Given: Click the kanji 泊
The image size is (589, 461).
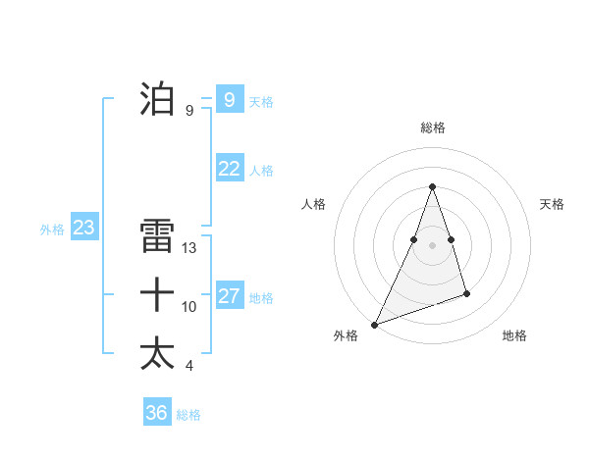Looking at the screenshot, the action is [157, 99].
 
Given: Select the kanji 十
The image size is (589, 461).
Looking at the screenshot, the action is [157, 294].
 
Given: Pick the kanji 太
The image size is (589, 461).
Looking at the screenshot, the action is [157, 353].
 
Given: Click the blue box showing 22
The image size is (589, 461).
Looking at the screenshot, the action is [230, 169].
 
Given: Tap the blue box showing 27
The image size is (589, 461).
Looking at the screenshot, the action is [230, 296].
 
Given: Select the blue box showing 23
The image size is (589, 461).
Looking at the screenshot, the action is [84, 229].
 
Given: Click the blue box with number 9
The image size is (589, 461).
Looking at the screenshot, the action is [230, 99].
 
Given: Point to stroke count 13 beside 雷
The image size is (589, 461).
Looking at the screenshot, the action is [190, 249].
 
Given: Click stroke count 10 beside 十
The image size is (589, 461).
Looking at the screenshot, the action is [189, 307].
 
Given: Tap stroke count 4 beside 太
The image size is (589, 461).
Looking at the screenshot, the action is [189, 366].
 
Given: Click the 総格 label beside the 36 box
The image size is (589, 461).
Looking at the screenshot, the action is [188, 415].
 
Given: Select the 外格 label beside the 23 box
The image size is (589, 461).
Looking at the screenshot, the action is [52, 230].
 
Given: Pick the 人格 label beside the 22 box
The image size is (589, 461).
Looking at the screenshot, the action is [261, 171].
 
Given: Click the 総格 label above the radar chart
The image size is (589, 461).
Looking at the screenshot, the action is [433, 128].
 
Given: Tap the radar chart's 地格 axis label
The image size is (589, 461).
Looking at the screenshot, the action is [514, 335].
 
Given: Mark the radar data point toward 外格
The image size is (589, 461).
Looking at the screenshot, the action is [374, 324].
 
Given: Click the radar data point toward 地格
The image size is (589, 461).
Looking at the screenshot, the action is [467, 293].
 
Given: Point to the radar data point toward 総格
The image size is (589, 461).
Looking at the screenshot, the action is [432, 186].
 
